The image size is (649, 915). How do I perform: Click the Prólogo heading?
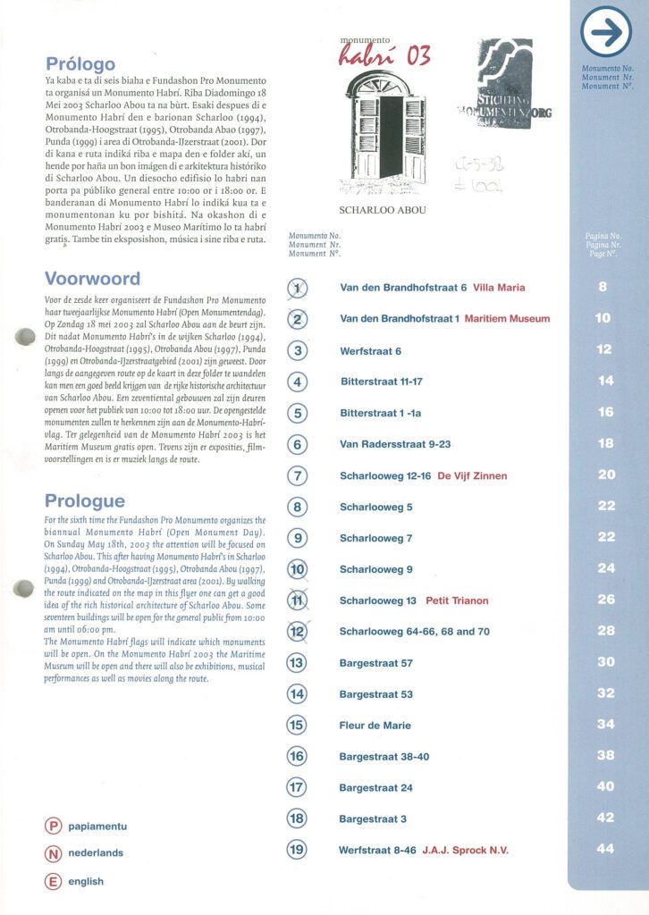pyautogui.click(x=80, y=63)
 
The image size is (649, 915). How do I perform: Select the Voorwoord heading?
pyautogui.click(x=92, y=279)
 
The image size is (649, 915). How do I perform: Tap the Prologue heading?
pyautogui.click(x=85, y=501)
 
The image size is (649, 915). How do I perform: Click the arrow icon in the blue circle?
pyautogui.click(x=606, y=33)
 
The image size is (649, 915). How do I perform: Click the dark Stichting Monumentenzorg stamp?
pyautogui.click(x=503, y=85)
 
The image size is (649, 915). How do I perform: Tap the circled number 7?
pyautogui.click(x=299, y=475)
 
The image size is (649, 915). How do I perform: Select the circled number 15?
pyautogui.click(x=298, y=725)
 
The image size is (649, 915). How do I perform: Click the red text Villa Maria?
pyautogui.click(x=499, y=288)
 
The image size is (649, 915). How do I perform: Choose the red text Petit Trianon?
pyautogui.click(x=457, y=600)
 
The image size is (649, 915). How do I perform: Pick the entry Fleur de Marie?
pyautogui.click(x=375, y=726)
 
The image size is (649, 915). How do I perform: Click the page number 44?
pyautogui.click(x=605, y=849)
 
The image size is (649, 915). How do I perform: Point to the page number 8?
pyautogui.click(x=603, y=287)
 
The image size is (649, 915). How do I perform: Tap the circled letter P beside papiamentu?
pyautogui.click(x=53, y=826)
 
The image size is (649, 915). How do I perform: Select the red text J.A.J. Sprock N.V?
pyautogui.click(x=465, y=850)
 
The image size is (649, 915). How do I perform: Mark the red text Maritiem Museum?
pyautogui.click(x=508, y=318)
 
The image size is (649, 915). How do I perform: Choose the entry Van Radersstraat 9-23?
pyautogui.click(x=395, y=444)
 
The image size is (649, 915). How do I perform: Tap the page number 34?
pyautogui.click(x=605, y=724)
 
